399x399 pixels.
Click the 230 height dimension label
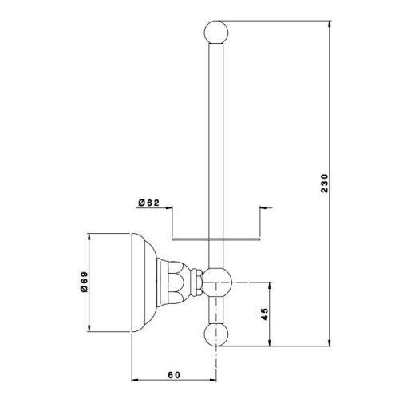[325, 183]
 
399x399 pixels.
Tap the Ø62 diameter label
[148, 203]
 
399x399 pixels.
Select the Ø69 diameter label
[84, 282]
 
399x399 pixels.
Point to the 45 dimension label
[265, 314]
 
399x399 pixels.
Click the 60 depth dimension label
[174, 375]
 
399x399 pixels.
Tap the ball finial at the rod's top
[216, 32]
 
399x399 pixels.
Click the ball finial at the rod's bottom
[216, 334]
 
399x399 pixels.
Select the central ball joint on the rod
[217, 282]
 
